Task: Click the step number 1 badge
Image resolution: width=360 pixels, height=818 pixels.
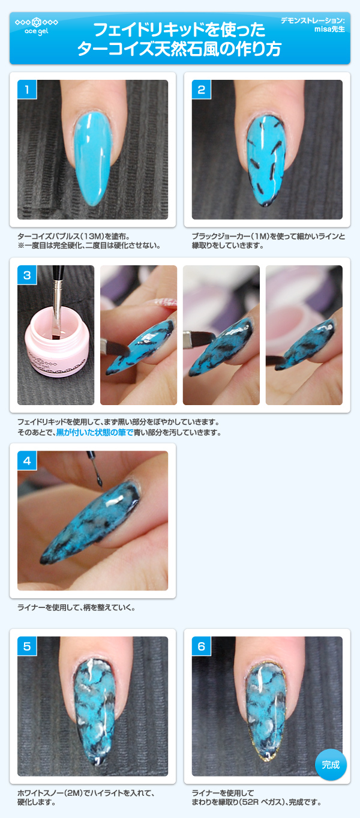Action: [x=27, y=90]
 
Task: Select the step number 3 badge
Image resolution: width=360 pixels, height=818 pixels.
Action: [x=27, y=275]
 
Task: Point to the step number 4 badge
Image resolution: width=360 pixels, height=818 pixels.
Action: [x=27, y=461]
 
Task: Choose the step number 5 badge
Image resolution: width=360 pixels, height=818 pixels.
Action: [x=27, y=646]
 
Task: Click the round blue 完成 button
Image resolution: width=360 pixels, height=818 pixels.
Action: [x=331, y=765]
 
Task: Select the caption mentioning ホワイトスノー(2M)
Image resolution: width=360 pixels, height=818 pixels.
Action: [x=86, y=793]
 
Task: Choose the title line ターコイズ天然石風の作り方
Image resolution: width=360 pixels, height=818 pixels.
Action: [x=179, y=49]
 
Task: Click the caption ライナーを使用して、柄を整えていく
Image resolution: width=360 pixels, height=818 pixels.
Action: [x=76, y=607]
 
